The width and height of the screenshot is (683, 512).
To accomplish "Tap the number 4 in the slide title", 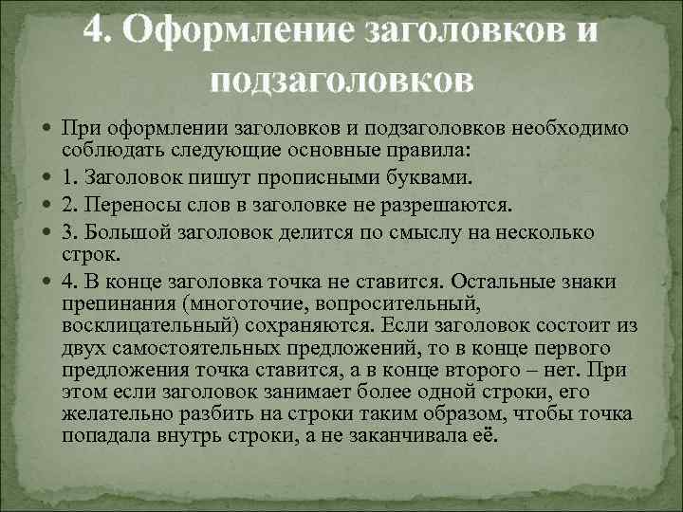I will [94, 30].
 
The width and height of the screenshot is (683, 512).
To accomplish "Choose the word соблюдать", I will [102, 152].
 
